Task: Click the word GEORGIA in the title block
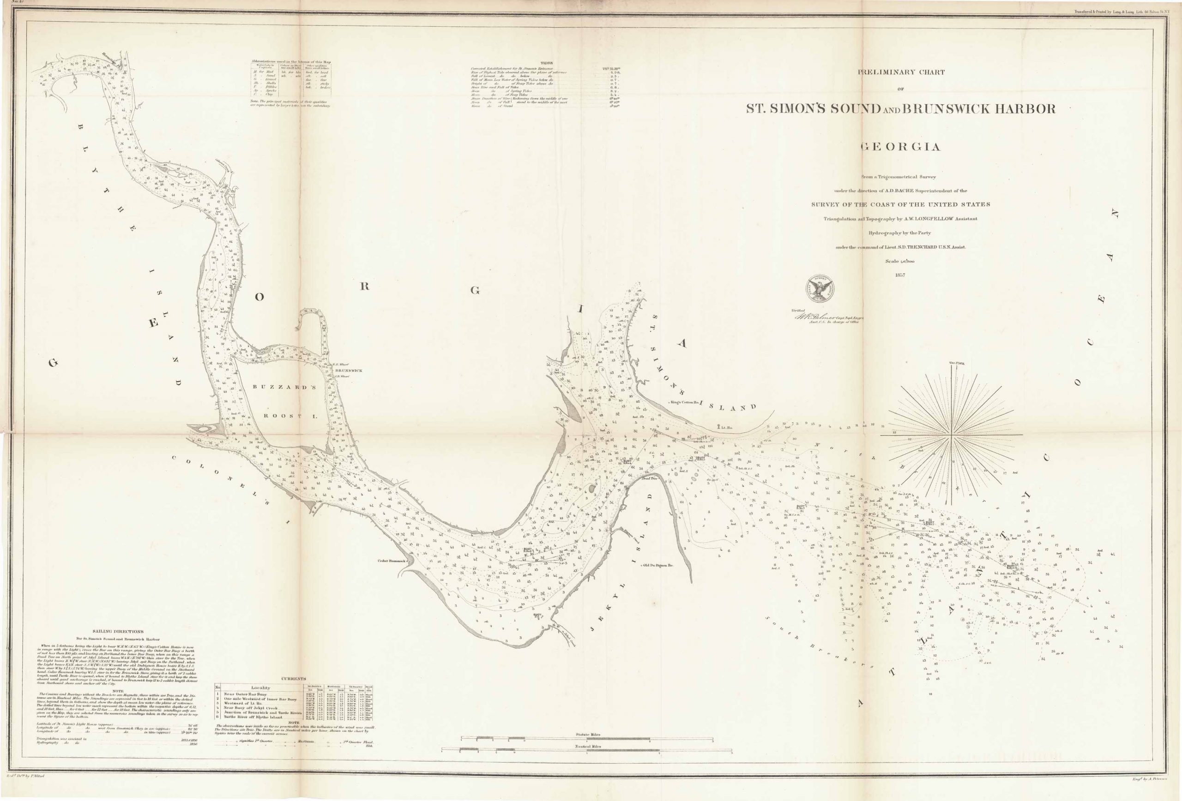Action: tap(900, 147)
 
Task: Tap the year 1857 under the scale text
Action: tap(900, 275)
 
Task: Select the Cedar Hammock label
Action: tap(390, 561)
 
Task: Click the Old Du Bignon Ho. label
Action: tap(658, 565)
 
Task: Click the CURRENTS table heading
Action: tap(294, 679)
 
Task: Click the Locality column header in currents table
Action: tap(260, 687)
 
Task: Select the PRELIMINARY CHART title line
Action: tap(901, 72)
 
